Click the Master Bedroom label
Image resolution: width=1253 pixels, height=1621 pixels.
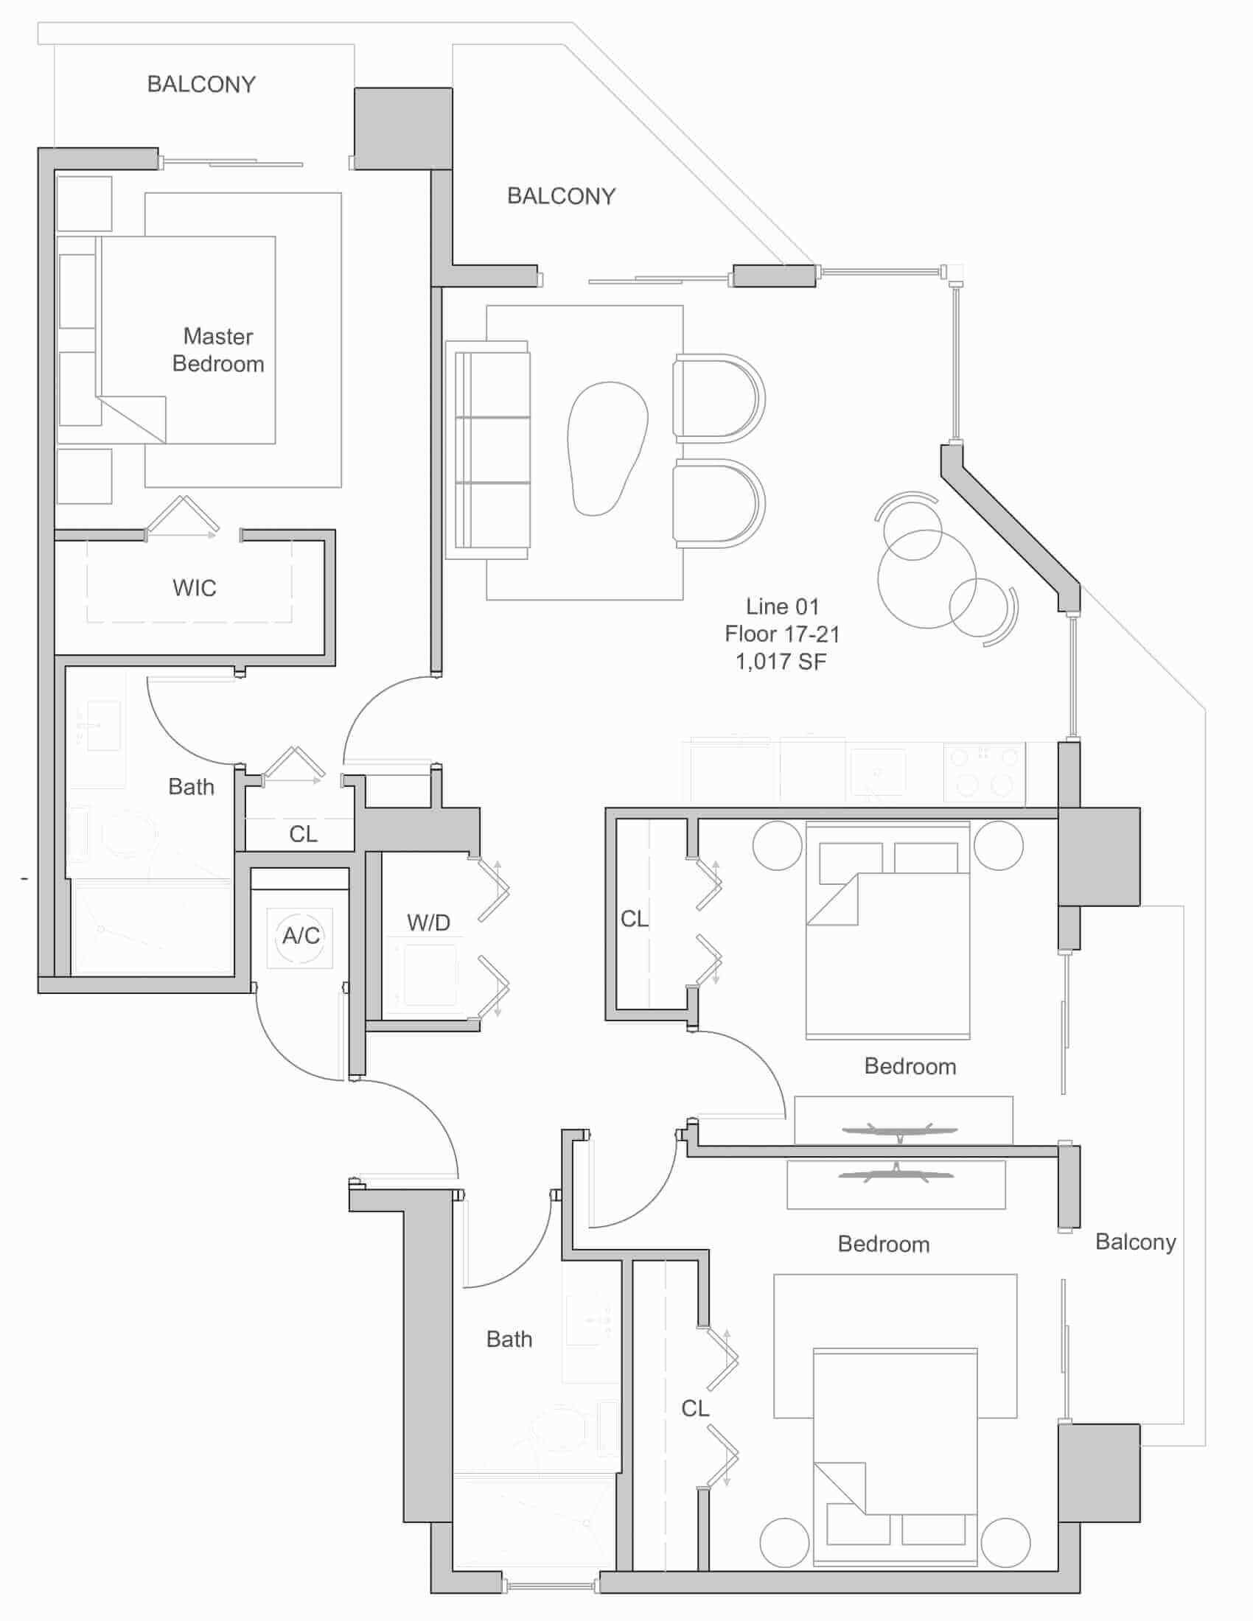point(218,350)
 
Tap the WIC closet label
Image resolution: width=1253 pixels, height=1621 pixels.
point(195,588)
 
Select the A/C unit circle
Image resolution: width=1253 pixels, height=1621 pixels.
point(301,936)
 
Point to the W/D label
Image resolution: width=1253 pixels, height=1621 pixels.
point(428,922)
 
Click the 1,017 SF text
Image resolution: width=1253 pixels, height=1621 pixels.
point(781,662)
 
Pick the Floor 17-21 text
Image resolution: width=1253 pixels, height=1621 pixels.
point(782,634)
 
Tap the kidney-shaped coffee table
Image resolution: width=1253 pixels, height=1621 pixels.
point(607,448)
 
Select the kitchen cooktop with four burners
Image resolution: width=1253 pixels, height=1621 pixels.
point(984,773)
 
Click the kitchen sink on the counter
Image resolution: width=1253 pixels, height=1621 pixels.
point(878,773)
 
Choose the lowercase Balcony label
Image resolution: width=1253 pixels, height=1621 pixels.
point(1136,1242)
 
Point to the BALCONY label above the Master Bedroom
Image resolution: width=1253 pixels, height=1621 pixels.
point(201,84)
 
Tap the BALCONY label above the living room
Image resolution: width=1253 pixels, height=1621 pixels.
point(561,196)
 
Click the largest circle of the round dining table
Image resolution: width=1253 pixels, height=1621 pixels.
point(926,579)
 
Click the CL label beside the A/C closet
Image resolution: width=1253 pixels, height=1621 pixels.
point(303,833)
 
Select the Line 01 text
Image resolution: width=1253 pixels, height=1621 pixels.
point(782,606)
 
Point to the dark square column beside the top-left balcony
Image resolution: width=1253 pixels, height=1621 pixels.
point(403,128)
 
